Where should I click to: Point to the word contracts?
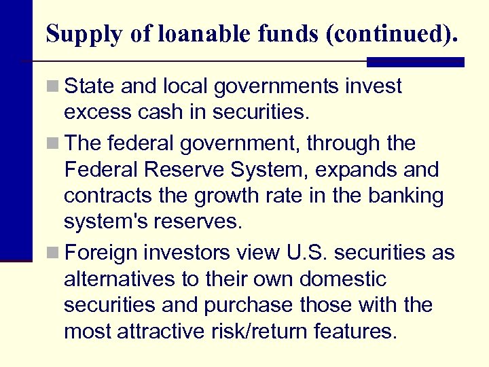point(105,196)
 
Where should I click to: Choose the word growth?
point(222,196)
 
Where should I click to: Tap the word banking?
point(405,196)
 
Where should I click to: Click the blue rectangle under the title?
point(415,62)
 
